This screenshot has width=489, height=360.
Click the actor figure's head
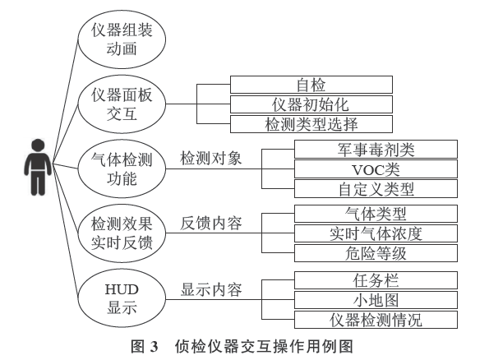[39, 146]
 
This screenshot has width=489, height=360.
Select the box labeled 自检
[311, 85]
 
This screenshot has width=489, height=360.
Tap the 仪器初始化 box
[311, 104]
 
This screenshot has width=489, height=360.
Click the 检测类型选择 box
[311, 124]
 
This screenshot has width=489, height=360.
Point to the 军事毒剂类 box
[376, 149]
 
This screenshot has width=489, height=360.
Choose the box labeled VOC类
[376, 169]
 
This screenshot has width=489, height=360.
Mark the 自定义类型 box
[376, 189]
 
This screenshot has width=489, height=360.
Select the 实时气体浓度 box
[376, 233]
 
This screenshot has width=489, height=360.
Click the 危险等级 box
[376, 253]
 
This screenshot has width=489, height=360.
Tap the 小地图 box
[376, 300]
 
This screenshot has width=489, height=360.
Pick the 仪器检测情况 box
[376, 320]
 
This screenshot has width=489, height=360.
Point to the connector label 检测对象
[211, 158]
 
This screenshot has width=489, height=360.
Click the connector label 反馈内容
[211, 224]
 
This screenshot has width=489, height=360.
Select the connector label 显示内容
[211, 289]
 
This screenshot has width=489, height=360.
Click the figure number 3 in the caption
[154, 347]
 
